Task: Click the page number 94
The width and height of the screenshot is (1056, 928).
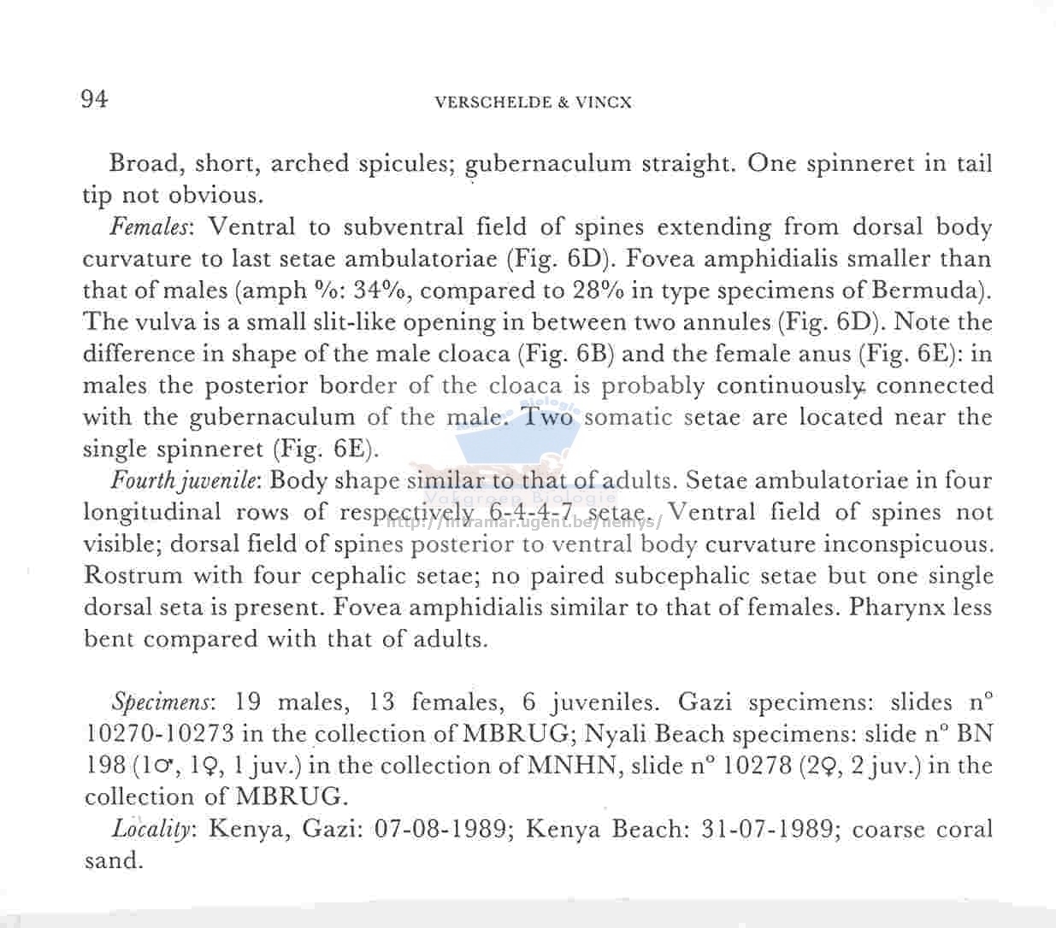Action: (x=94, y=100)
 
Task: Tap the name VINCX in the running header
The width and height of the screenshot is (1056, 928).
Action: (x=604, y=103)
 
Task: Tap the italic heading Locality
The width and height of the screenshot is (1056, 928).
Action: (x=156, y=829)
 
